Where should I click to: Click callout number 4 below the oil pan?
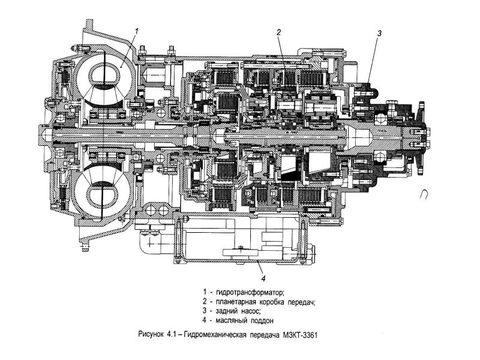click(x=262, y=278)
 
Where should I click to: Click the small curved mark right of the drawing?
click(x=425, y=194)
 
